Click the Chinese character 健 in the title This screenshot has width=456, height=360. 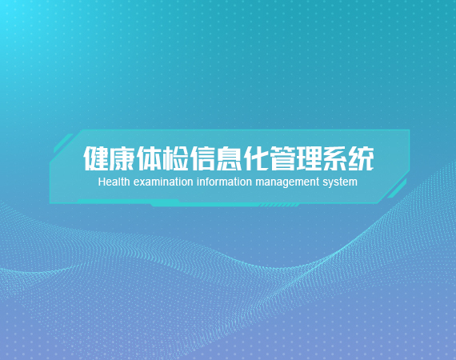[96, 158]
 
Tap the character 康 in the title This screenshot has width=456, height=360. [122, 158]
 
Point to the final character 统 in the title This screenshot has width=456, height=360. [361, 158]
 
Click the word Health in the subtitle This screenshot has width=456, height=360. [114, 182]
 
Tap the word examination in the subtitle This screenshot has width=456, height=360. [163, 182]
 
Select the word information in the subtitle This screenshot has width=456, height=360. [224, 182]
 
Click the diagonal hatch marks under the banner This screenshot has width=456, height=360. [278, 206]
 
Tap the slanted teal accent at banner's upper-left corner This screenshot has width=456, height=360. [63, 143]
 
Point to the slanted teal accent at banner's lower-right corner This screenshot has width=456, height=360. [397, 189]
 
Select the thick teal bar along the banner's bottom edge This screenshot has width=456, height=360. [166, 202]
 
